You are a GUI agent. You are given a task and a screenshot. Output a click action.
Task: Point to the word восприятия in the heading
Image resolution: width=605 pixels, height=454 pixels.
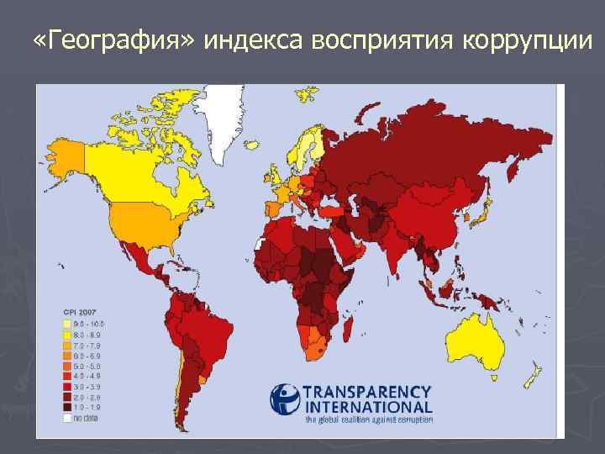click(x=384, y=40)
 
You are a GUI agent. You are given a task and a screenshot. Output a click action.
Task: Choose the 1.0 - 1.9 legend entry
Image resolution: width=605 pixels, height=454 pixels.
click(x=85, y=406)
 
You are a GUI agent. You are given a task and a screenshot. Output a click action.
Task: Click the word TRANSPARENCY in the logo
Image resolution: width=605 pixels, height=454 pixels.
click(x=367, y=392)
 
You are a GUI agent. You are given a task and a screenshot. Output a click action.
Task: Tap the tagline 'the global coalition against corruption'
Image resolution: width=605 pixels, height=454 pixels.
click(x=368, y=418)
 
